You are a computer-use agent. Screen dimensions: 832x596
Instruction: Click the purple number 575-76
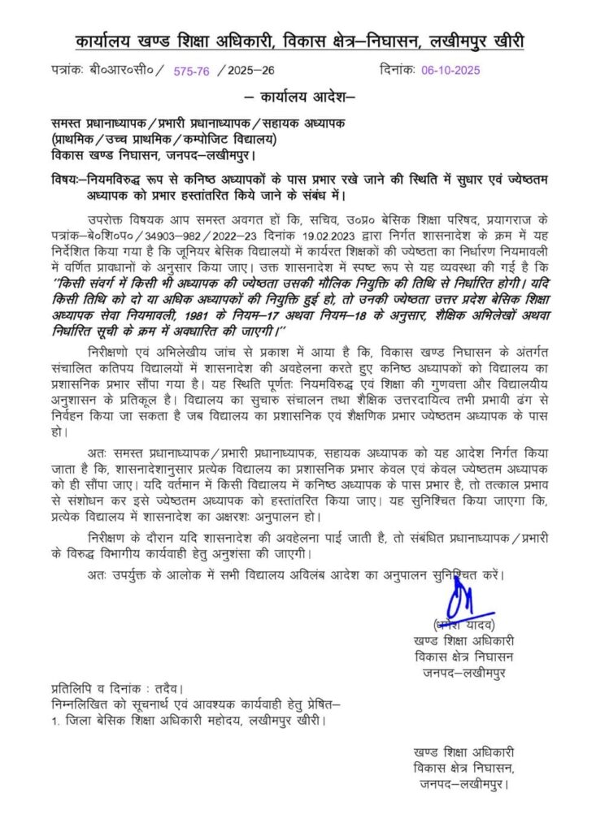point(192,71)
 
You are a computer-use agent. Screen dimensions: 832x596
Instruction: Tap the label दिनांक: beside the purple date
point(398,71)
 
